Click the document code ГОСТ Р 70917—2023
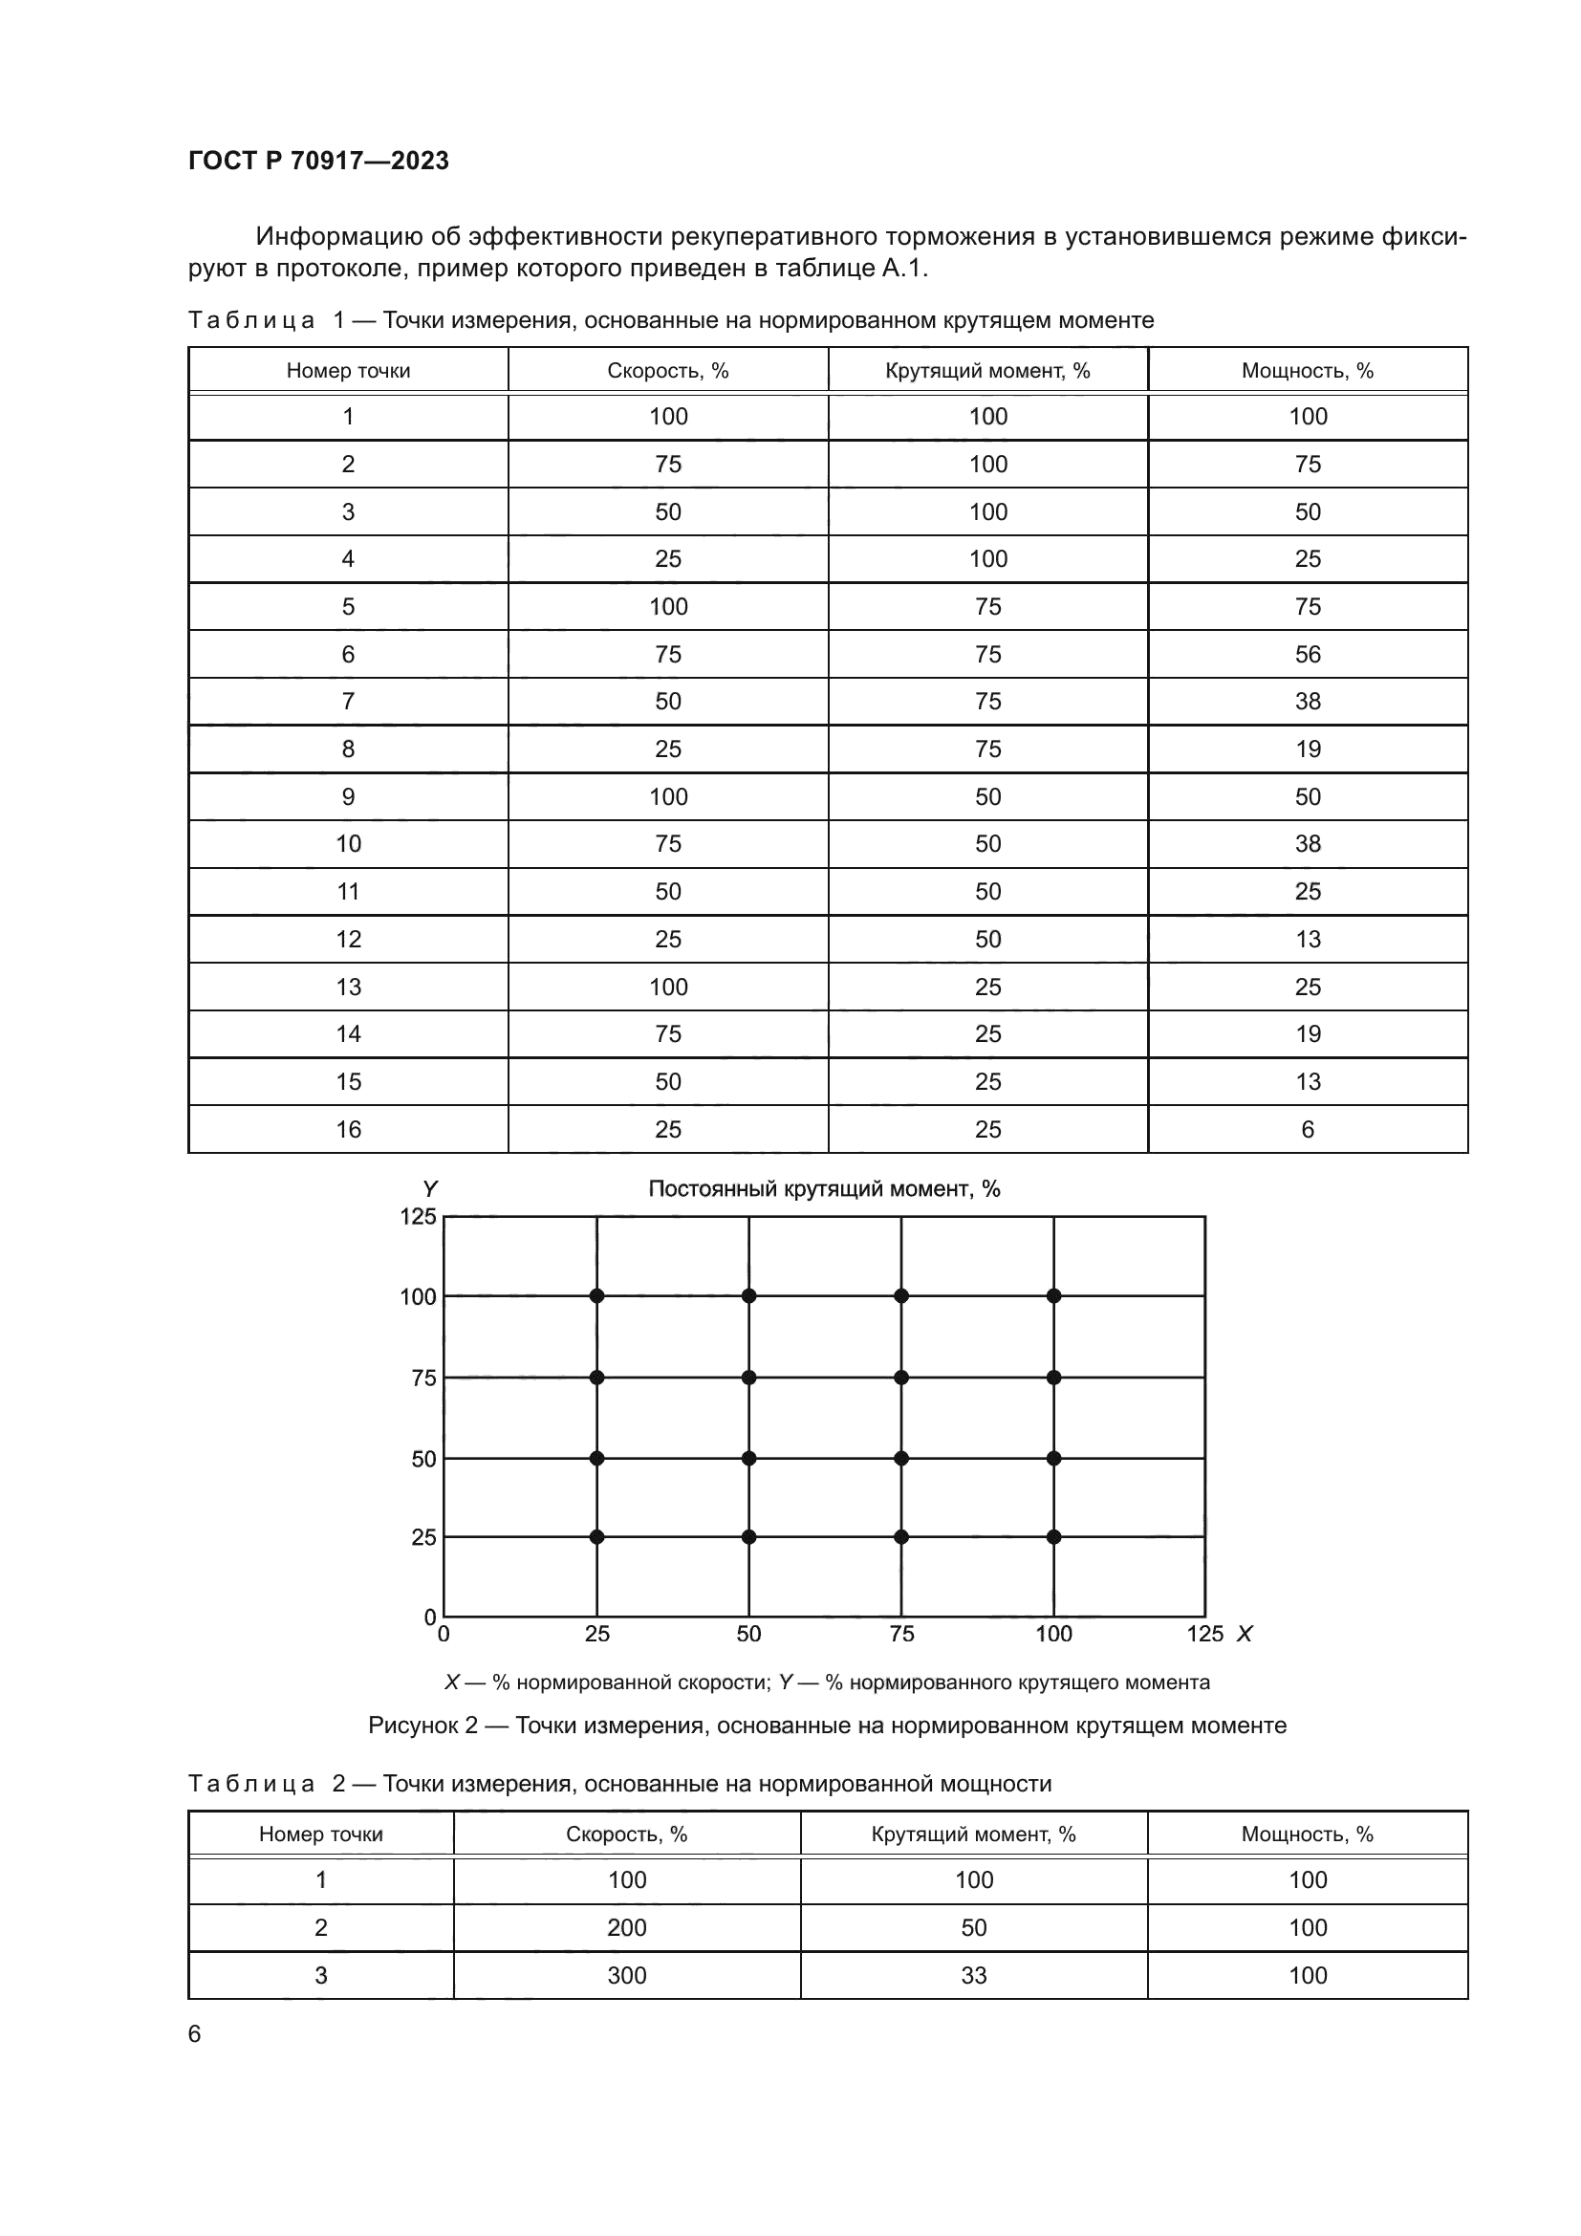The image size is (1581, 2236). click(318, 161)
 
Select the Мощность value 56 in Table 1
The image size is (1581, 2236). click(1307, 655)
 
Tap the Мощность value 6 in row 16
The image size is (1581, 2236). click(1307, 1130)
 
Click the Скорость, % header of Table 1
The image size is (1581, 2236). click(668, 371)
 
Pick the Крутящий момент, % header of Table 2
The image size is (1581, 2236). click(972, 1834)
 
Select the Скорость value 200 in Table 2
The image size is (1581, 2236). click(627, 1927)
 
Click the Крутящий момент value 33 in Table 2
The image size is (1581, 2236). click(972, 1975)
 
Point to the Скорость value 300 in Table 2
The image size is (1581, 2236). click(627, 1975)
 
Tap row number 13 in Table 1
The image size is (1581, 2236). click(348, 988)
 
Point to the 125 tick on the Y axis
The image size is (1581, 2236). click(418, 1216)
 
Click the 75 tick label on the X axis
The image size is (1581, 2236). click(901, 1634)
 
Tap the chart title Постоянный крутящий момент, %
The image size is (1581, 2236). click(824, 1189)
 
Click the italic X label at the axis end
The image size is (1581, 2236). click(1245, 1634)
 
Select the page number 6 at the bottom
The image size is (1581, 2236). click(195, 2033)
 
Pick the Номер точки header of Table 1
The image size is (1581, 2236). click(348, 371)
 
